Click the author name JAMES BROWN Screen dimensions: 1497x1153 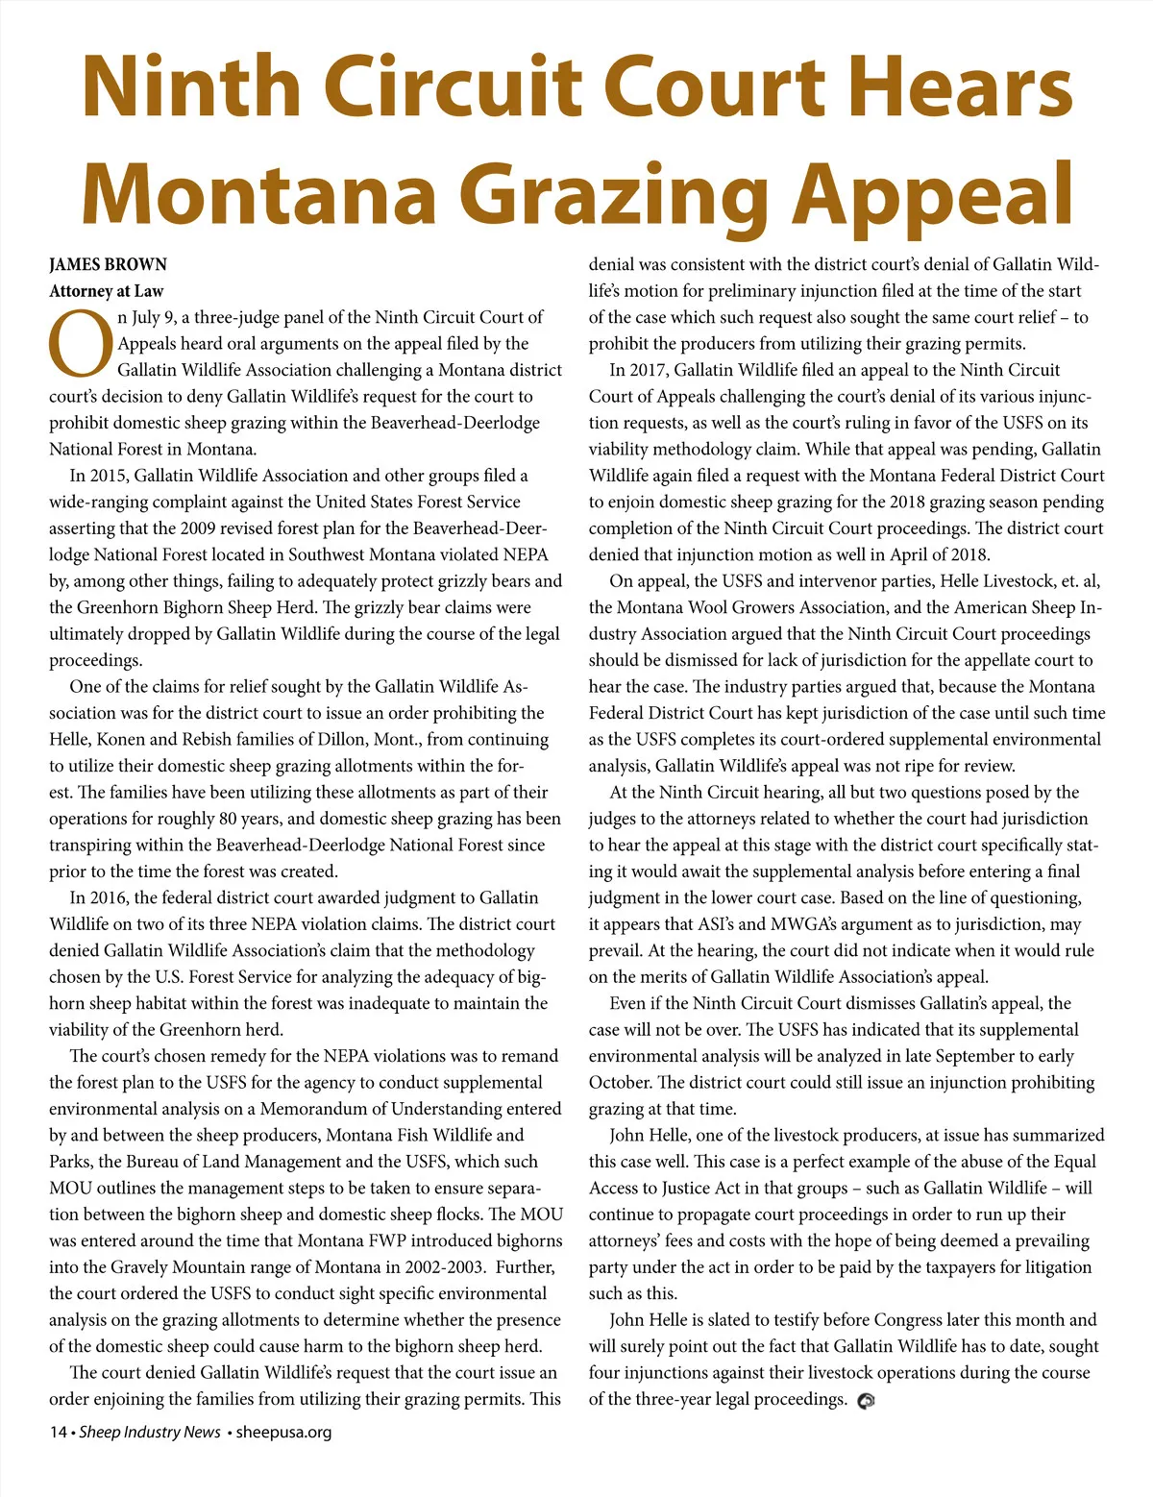coord(108,265)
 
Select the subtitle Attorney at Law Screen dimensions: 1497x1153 coord(107,291)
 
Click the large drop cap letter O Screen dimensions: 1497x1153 coord(80,344)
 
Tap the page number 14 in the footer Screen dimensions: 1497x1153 coord(58,1432)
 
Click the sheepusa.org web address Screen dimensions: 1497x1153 coord(283,1432)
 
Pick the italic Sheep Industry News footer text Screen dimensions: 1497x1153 coord(150,1432)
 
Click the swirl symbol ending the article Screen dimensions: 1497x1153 coord(866,1401)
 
